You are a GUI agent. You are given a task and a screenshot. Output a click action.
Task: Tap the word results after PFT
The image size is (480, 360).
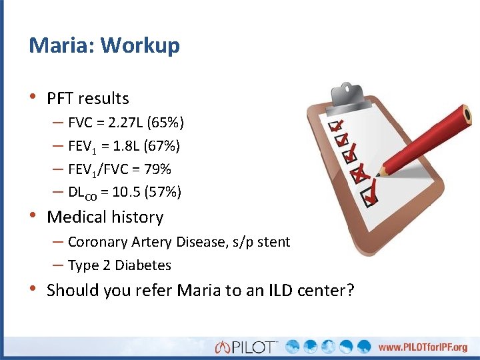click(103, 99)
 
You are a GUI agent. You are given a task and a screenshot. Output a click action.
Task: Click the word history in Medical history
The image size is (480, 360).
click(138, 217)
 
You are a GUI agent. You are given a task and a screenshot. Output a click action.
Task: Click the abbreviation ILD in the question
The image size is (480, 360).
click(270, 291)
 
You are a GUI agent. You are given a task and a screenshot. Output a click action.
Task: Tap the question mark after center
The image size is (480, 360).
click(350, 291)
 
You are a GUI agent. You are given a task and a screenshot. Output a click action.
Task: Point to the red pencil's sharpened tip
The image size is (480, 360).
click(378, 175)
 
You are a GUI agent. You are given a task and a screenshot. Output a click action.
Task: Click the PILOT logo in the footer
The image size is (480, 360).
click(247, 346)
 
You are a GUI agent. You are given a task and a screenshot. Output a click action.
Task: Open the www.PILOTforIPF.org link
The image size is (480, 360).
click(423, 347)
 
